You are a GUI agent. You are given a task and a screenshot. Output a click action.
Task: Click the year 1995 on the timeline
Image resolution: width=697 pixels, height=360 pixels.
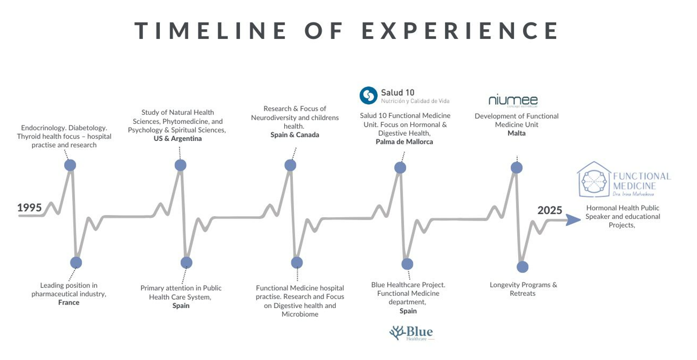tap(30, 208)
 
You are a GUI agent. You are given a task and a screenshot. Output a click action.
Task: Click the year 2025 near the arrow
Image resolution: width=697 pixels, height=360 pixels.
tap(550, 210)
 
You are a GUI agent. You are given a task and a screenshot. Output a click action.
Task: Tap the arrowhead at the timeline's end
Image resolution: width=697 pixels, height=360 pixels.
tap(574, 220)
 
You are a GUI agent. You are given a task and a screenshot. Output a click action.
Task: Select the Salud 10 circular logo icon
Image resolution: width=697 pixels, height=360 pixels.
tap(368, 95)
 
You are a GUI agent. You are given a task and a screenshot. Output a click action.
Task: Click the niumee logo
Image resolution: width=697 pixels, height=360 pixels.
tap(513, 100)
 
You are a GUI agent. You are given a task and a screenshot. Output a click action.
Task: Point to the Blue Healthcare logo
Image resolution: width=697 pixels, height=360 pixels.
tap(411, 333)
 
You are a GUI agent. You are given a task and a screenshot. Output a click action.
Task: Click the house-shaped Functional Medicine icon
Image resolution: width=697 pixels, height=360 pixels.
tap(594, 179)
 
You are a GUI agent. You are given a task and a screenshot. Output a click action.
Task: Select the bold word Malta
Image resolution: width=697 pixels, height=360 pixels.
tap(516, 133)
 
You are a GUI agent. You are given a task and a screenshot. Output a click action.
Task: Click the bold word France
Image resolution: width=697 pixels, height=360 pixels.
tap(68, 302)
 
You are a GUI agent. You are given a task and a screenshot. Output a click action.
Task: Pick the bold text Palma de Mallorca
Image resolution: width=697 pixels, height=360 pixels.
tap(404, 142)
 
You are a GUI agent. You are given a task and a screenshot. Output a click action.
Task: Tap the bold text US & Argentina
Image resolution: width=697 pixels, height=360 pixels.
tap(178, 138)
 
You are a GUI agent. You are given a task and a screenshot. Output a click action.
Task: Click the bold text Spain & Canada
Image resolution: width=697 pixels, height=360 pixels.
tap(295, 135)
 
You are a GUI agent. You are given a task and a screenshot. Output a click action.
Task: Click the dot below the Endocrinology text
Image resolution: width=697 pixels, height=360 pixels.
tap(70, 165)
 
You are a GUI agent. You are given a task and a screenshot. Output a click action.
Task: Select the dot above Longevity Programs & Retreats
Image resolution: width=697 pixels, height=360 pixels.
tap(522, 267)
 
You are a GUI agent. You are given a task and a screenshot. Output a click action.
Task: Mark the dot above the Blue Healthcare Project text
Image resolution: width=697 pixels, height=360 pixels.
tap(407, 264)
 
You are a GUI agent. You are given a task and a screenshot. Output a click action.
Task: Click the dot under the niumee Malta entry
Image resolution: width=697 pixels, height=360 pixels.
tap(516, 168)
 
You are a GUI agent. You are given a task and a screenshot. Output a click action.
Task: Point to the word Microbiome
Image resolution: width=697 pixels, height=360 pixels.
tap(300, 314)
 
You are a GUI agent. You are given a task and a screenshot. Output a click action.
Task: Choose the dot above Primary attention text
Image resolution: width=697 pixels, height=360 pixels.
tap(187, 263)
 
